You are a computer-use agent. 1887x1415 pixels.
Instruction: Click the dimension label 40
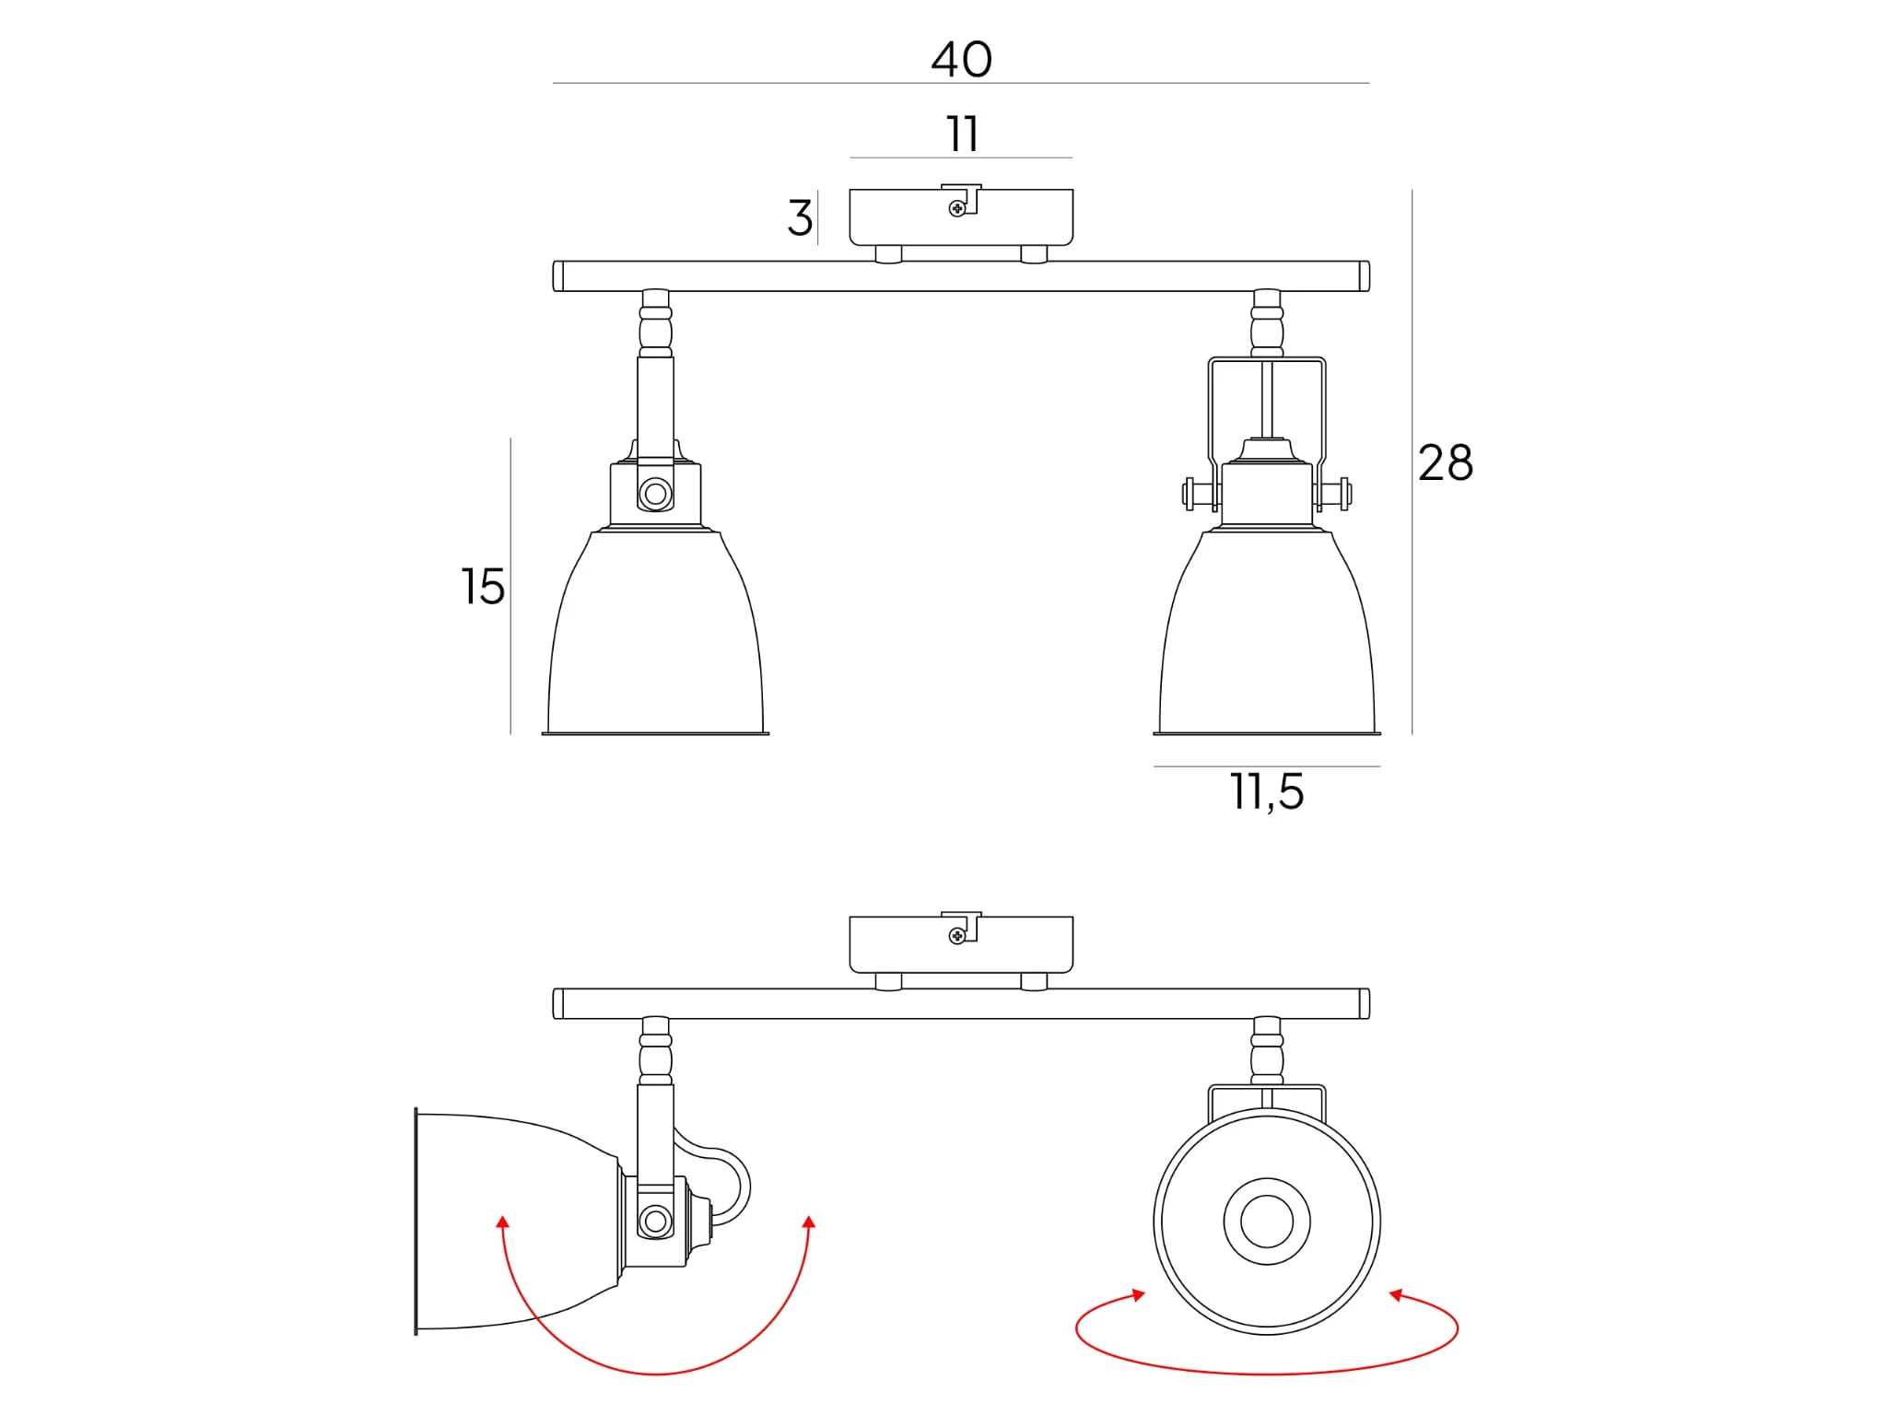[x=961, y=60]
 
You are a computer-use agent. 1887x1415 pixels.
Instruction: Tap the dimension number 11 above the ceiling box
[x=962, y=134]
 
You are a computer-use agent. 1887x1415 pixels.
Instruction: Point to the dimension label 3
[x=800, y=218]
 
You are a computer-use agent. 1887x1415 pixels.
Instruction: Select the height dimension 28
[x=1445, y=462]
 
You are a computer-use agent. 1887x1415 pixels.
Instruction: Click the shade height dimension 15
[x=483, y=587]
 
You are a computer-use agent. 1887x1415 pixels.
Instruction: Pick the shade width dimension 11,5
[x=1267, y=792]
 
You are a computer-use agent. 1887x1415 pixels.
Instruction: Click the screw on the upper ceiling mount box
[x=957, y=209]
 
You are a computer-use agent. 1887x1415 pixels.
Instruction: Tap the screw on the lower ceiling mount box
[x=957, y=936]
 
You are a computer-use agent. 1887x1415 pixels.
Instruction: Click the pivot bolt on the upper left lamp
[x=655, y=494]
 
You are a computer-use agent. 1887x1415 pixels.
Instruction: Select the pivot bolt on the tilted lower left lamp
[x=655, y=1222]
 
